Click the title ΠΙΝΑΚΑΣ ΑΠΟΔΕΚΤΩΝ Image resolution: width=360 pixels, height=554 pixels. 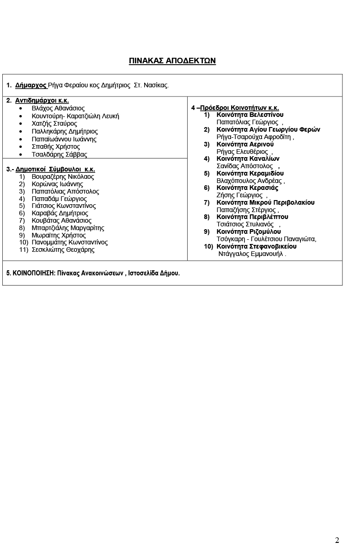point(172,61)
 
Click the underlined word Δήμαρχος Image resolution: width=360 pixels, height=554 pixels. point(31,85)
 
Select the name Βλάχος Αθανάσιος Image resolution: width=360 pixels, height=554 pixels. point(58,108)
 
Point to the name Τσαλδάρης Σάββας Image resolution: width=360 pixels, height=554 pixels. point(59,154)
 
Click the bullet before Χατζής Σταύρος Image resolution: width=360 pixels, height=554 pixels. point(21,124)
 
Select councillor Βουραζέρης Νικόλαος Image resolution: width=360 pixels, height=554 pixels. point(63,177)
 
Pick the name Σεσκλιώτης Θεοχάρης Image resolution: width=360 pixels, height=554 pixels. point(63,250)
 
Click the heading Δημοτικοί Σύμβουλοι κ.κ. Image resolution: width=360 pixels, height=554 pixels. point(55,169)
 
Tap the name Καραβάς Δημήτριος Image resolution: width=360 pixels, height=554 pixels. point(60,213)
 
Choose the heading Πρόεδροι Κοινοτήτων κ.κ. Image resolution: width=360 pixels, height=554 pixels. point(239,108)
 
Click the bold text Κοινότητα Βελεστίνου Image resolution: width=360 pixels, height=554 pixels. point(250,115)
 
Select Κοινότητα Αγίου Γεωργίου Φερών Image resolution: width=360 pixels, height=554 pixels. point(268,129)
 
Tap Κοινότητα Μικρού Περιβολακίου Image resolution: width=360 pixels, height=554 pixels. point(265,202)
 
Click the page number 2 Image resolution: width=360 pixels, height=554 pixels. point(337,540)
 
